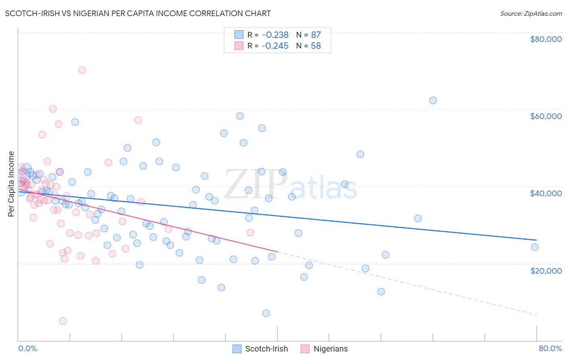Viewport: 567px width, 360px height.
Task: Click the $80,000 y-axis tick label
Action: point(546,39)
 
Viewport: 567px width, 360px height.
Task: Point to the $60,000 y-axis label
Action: point(546,116)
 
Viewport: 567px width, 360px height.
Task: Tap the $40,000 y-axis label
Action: point(546,193)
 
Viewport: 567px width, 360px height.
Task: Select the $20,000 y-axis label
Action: point(546,270)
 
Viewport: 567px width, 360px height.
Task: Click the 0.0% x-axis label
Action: point(27,348)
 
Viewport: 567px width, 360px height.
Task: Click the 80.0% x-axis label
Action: point(550,348)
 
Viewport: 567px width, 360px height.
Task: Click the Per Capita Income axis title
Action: point(11,184)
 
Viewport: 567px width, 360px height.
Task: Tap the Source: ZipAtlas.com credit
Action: point(531,13)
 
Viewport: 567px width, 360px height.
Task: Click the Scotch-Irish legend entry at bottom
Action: point(266,349)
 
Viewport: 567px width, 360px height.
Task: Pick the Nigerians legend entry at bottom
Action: point(330,349)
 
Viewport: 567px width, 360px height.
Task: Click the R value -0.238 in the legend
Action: point(275,35)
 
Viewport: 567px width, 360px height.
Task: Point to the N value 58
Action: point(316,46)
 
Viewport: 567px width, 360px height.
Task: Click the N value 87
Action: point(316,35)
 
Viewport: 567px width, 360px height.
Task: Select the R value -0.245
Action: point(275,46)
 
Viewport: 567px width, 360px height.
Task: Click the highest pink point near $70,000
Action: point(82,70)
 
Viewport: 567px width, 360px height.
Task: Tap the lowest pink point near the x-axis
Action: point(63,321)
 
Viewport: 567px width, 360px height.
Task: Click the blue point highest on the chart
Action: point(433,100)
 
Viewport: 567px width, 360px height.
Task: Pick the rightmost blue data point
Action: point(535,247)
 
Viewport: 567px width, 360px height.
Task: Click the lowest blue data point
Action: point(266,313)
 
